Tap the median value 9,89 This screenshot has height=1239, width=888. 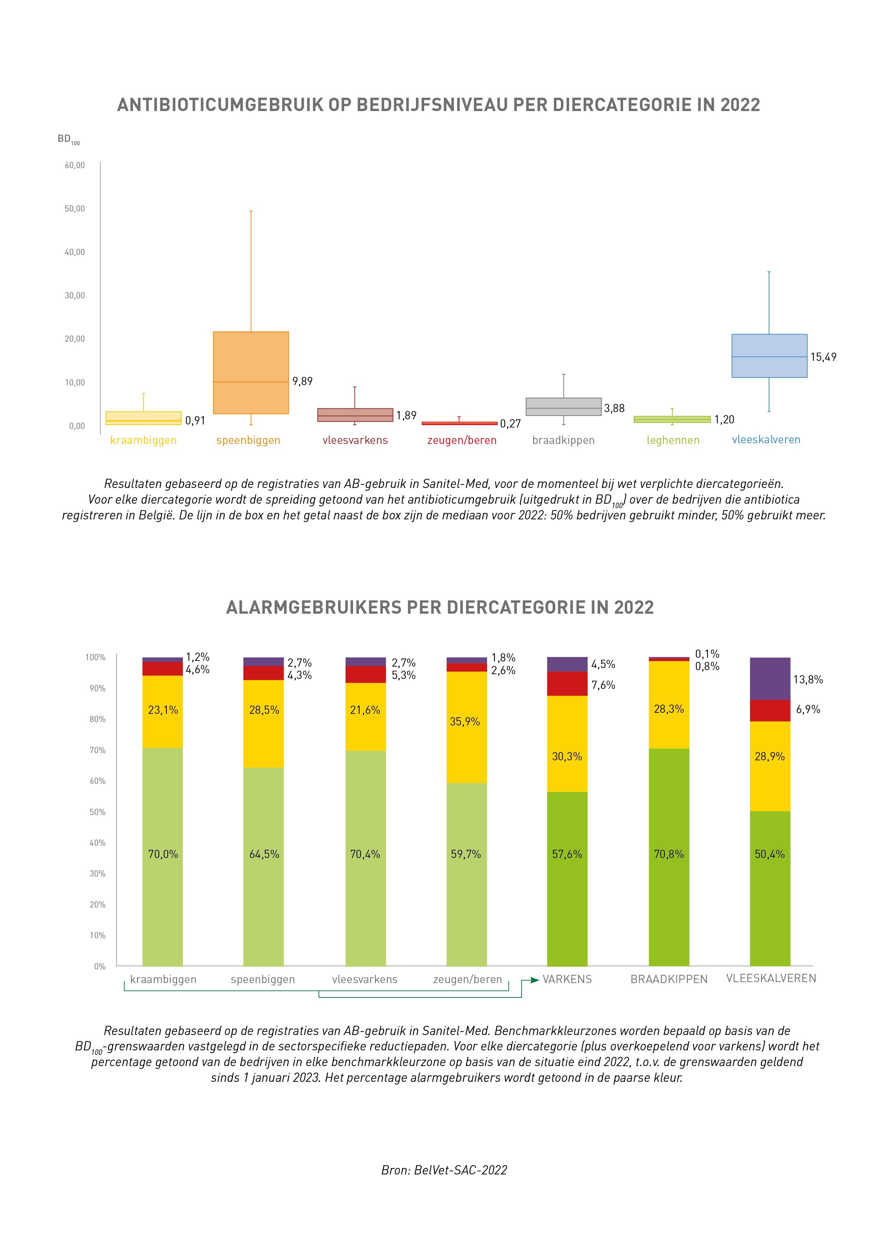pyautogui.click(x=302, y=381)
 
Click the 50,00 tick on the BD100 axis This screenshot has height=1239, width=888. pyautogui.click(x=75, y=209)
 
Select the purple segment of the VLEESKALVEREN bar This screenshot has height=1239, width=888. pyautogui.click(x=769, y=679)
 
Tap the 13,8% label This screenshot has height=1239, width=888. pyautogui.click(x=808, y=680)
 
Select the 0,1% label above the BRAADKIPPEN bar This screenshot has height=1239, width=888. pyautogui.click(x=707, y=654)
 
